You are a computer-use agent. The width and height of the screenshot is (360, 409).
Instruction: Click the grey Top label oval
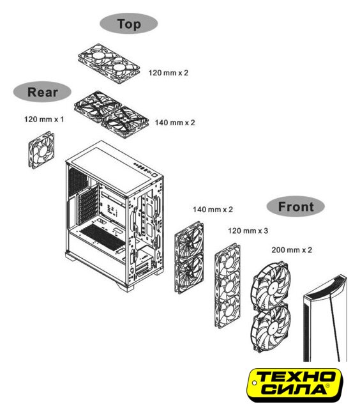click(x=129, y=24)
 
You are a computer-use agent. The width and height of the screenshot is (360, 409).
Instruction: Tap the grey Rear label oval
click(x=42, y=92)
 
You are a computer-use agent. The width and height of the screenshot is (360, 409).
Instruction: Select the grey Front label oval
click(x=296, y=206)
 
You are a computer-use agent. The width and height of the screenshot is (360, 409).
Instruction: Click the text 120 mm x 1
click(x=44, y=120)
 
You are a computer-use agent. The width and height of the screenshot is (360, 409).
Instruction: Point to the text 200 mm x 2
click(x=292, y=250)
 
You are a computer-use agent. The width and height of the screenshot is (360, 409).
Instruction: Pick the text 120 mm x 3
click(x=248, y=231)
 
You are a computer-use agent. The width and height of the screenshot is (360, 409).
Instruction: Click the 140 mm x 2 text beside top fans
click(x=175, y=123)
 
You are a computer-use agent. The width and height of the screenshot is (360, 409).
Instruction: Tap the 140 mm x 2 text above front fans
click(x=213, y=210)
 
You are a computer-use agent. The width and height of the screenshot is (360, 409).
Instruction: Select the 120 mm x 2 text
click(x=169, y=73)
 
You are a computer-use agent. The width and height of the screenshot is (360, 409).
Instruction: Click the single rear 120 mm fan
click(x=41, y=150)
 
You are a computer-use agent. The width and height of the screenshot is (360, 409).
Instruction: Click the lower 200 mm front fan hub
click(x=272, y=327)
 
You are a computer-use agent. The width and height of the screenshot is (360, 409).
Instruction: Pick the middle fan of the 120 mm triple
click(x=228, y=286)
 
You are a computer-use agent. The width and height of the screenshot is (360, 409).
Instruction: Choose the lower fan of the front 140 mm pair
click(x=189, y=274)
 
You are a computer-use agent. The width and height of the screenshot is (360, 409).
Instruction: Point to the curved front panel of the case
click(x=325, y=318)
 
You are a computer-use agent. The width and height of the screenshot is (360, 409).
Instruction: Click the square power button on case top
click(x=155, y=175)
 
